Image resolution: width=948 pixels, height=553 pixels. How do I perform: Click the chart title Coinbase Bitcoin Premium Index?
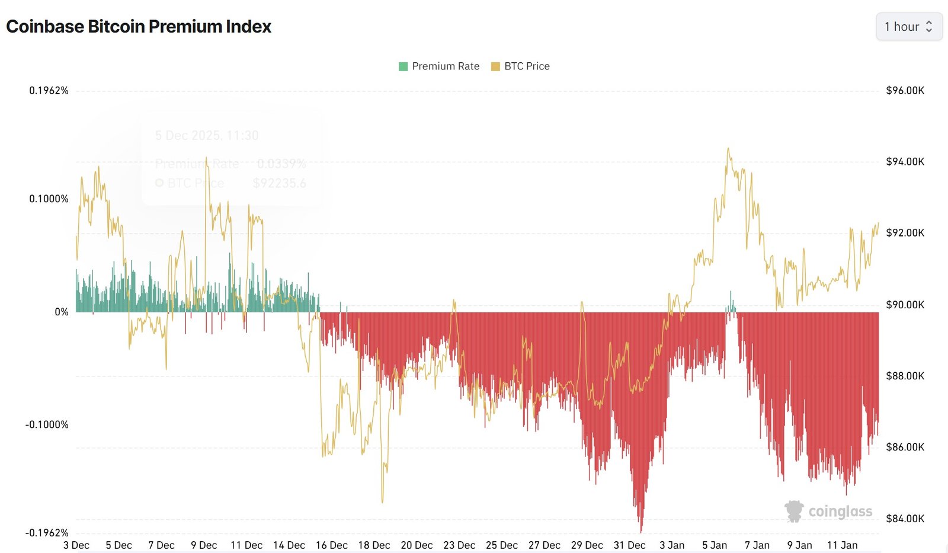(x=138, y=27)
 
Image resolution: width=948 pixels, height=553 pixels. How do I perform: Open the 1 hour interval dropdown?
(x=908, y=27)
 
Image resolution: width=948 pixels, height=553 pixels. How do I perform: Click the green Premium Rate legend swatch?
(x=403, y=66)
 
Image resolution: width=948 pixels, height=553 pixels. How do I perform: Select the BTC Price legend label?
(x=526, y=66)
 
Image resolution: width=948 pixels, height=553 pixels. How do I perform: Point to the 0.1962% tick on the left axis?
(x=49, y=91)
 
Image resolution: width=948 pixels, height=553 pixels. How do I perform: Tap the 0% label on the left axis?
(x=62, y=312)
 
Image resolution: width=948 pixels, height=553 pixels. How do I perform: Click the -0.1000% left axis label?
(x=47, y=424)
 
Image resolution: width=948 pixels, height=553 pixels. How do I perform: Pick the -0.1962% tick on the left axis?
(x=47, y=532)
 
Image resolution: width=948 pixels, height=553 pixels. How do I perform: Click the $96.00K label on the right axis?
(x=905, y=91)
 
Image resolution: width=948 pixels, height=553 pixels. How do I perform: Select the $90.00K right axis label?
(x=905, y=305)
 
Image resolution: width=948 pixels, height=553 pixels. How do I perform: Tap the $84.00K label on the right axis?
(x=905, y=519)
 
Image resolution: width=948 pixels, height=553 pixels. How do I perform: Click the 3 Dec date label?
(x=76, y=545)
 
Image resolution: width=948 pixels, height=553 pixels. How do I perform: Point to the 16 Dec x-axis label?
(x=332, y=545)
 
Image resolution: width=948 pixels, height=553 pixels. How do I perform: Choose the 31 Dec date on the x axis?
(x=629, y=545)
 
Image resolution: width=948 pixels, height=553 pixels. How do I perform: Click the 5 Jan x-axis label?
(x=715, y=545)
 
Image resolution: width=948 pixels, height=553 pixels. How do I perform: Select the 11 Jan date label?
(x=842, y=545)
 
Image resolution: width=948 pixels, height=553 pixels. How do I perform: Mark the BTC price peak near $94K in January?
(x=728, y=149)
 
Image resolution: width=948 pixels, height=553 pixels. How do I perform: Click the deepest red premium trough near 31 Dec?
(x=641, y=530)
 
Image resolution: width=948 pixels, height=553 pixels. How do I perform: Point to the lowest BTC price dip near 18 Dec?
(x=382, y=501)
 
